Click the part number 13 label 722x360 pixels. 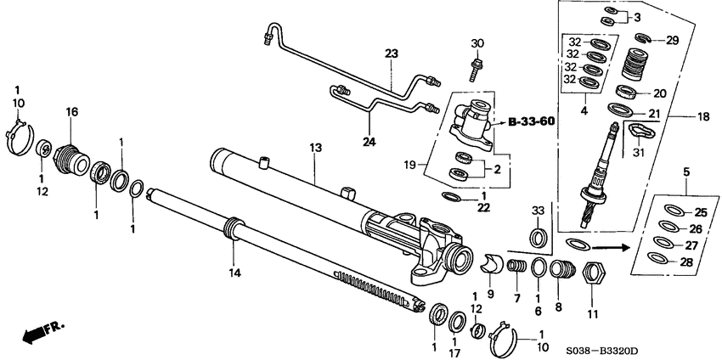[x=316, y=147]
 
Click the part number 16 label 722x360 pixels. [x=71, y=111]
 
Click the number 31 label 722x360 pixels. [x=639, y=153]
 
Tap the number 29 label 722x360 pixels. [x=671, y=41]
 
